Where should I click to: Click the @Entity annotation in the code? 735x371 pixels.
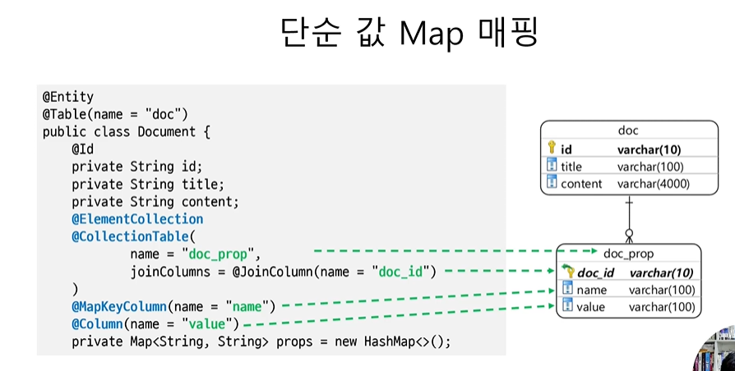68,97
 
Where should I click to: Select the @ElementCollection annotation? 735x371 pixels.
137,219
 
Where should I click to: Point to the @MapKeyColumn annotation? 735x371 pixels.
119,306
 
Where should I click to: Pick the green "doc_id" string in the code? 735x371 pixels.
403,271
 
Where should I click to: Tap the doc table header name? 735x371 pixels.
628,131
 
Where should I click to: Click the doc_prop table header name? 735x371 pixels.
628,254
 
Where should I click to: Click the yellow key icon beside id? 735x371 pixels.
552,148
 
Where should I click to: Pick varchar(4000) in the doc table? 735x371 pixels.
654,184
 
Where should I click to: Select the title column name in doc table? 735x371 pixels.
571,167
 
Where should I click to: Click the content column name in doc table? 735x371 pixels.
581,184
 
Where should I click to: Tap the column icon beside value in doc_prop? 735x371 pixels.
566,306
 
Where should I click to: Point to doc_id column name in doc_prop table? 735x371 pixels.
596,273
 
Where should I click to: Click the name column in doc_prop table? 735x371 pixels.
591,290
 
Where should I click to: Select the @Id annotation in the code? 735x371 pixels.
82,149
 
